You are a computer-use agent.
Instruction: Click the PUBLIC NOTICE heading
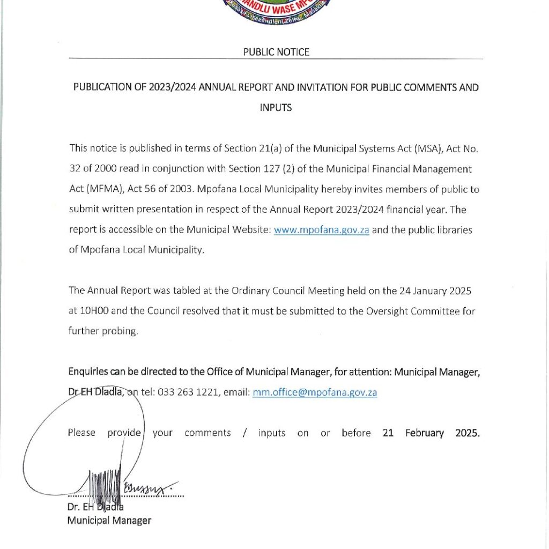pos(276,52)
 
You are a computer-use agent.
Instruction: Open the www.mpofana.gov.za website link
pos(321,230)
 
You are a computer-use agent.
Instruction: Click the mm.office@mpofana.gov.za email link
pos(315,392)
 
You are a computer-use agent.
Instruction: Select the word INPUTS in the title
pos(276,107)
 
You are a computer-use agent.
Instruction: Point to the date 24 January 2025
pos(435,291)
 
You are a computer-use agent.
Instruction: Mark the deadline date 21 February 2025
pos(431,433)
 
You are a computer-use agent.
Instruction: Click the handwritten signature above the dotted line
pos(129,483)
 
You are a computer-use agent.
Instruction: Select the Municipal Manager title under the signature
pos(109,520)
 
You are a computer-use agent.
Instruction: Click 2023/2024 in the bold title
pos(171,87)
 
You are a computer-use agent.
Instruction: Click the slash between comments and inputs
pos(244,433)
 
